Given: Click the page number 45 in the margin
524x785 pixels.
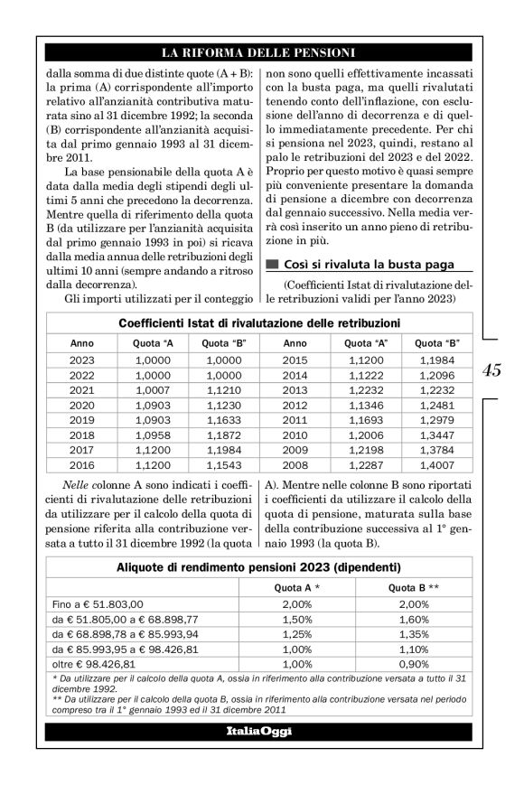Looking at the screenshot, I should tap(492, 371).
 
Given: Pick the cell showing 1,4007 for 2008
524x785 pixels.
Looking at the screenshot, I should tap(437, 466).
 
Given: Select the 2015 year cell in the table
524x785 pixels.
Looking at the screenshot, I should tap(295, 360).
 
